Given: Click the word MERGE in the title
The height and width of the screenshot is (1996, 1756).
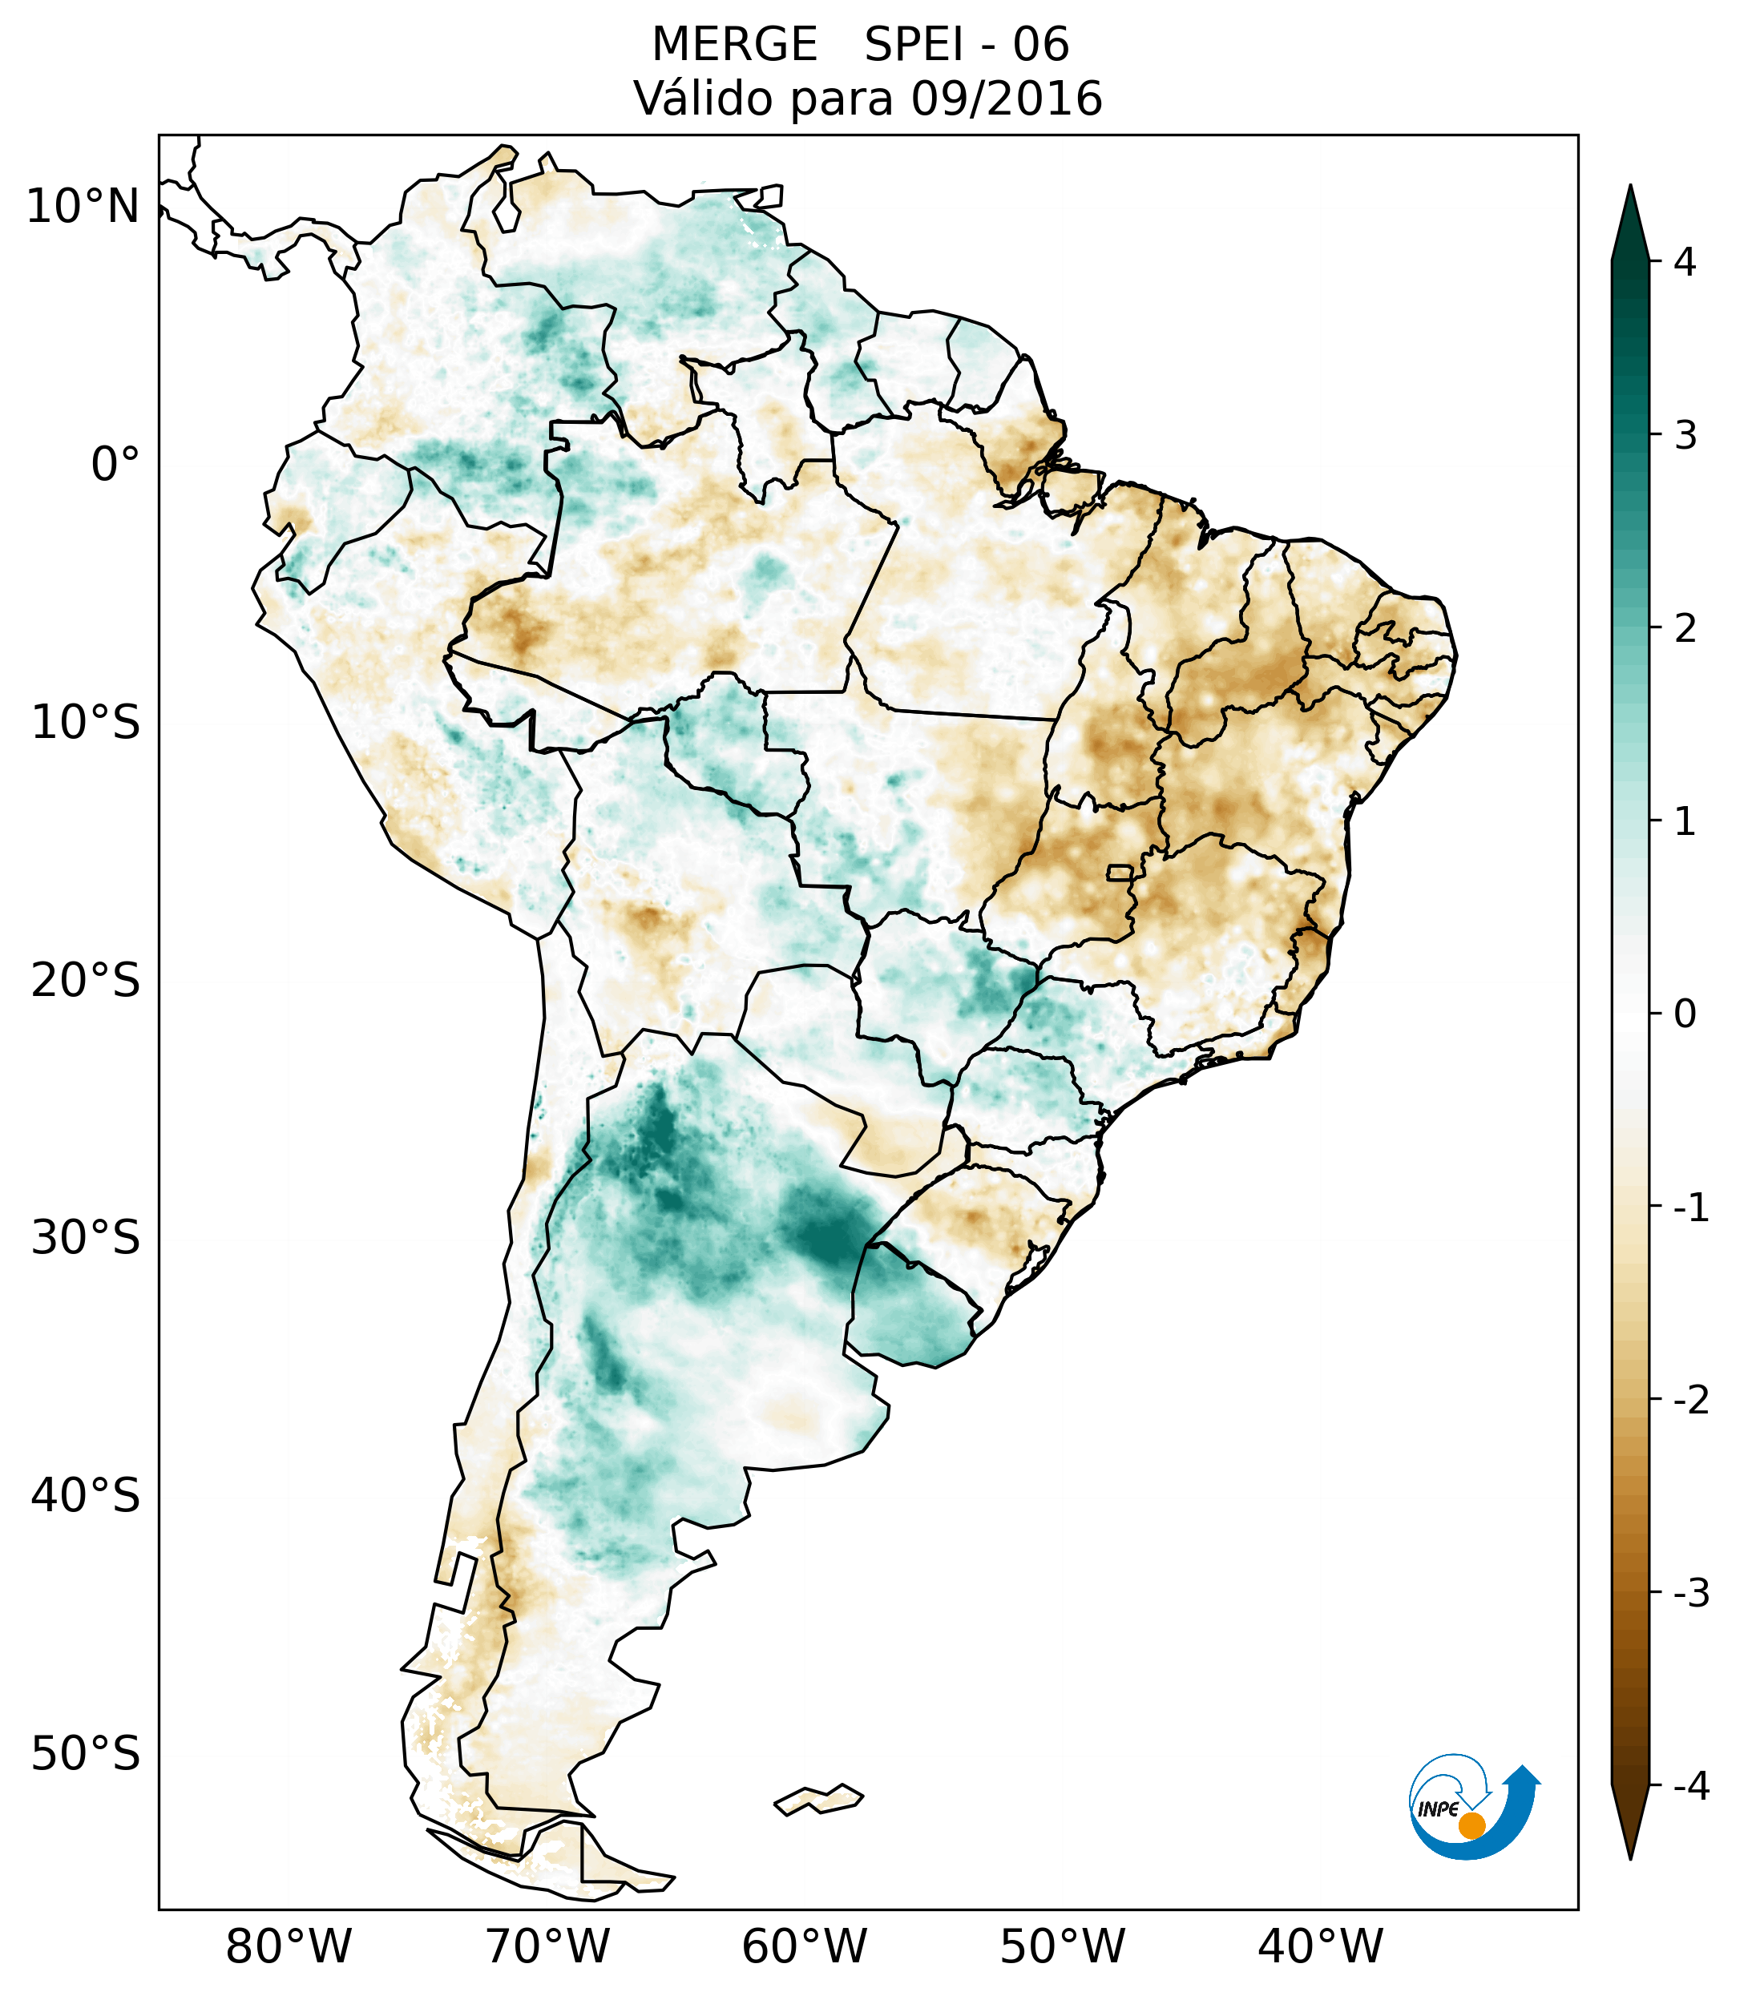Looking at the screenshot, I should tap(734, 45).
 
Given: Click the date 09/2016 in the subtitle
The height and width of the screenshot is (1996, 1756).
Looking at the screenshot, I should tap(1006, 99).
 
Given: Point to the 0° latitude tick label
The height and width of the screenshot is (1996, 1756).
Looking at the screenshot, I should tap(115, 465).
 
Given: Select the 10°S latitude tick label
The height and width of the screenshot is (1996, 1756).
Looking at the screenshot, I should tap(86, 723).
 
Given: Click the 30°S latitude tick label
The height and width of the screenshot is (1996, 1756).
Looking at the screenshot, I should tap(86, 1238).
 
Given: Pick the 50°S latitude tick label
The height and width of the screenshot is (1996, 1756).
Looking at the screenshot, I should tap(86, 1754).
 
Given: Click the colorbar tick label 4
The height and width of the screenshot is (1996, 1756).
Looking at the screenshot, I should tap(1685, 262).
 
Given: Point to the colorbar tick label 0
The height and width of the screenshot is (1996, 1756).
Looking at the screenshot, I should tap(1685, 1014).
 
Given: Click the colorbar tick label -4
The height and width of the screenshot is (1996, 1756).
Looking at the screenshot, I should tap(1690, 1786).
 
